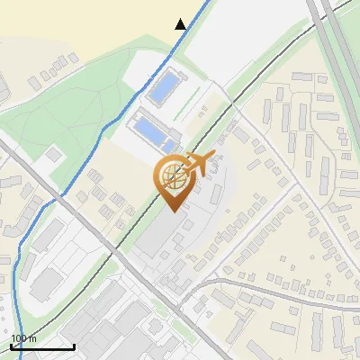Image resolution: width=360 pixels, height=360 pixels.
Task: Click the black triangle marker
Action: pos(181,24)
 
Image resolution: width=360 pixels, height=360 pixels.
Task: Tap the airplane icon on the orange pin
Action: pos(201,163)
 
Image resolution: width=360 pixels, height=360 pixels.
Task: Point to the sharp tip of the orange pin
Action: pos(171,211)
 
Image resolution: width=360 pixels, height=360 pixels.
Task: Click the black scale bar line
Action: pos(41,347)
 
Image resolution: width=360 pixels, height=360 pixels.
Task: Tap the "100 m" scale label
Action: pos(24,339)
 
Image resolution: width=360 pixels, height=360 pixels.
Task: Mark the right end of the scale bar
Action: pos(73,347)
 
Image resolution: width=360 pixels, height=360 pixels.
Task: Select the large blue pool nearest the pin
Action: pos(150,130)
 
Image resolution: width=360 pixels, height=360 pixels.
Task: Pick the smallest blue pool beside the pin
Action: pos(168,147)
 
